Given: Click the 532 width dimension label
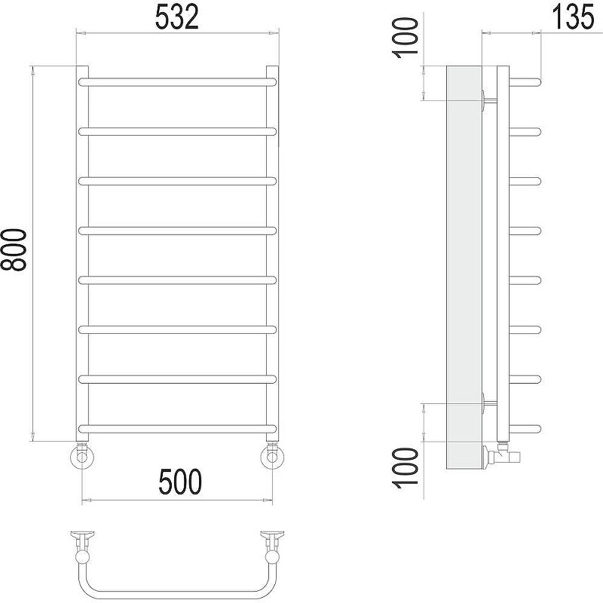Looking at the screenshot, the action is [177, 17].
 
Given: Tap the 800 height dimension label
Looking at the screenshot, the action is [14, 250].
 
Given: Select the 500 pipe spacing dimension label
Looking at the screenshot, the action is [180, 482].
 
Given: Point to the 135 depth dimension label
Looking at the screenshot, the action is [573, 17].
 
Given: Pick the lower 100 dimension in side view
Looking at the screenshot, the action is [405, 468].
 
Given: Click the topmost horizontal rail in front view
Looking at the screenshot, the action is [177, 82].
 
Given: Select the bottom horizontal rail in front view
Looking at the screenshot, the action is [177, 429].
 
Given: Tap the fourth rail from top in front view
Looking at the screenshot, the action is [177, 231].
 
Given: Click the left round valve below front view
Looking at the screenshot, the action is [82, 457].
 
